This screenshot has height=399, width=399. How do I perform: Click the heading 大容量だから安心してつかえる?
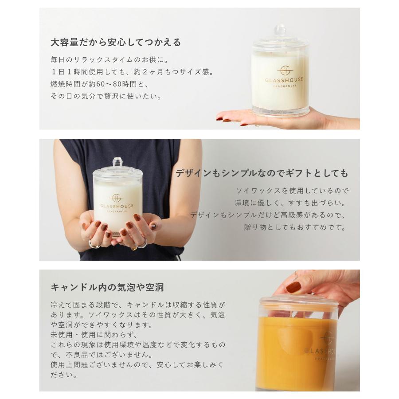116,43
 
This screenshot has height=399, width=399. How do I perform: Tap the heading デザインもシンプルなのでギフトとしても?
262,173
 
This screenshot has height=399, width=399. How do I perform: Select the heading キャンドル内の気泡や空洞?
107,287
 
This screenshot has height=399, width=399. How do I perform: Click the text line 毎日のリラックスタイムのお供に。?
110,59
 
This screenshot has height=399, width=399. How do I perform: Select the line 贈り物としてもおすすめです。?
295,227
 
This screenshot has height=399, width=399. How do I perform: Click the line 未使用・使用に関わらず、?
95,334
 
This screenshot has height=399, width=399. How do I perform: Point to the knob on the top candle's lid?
279,31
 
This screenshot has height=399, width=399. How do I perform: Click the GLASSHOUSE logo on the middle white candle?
117,203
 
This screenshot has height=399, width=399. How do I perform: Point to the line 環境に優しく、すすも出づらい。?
290,203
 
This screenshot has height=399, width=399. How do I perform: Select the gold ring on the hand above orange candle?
296,275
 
